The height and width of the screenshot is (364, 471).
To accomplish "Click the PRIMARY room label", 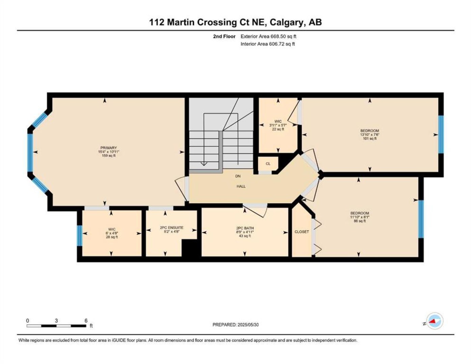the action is click(108, 148).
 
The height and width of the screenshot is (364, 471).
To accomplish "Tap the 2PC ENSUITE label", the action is click(172, 227).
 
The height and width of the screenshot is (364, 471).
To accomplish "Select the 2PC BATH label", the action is click(245, 228).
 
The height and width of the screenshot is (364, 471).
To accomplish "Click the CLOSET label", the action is click(302, 232).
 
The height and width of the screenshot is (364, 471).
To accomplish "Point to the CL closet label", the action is click(268, 164).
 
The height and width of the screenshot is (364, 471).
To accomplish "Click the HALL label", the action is click(241, 186).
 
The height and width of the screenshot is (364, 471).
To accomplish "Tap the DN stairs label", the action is click(238, 176).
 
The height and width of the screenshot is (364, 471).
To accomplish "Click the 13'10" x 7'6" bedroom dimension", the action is click(370, 134).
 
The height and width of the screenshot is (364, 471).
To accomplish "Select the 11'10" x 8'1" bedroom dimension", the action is click(360, 217).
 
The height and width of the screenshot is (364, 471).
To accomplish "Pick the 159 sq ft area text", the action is click(109, 155).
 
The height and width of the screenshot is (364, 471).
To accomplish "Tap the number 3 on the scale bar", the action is click(56, 321).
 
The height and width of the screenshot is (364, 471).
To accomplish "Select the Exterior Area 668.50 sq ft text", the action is click(268, 36).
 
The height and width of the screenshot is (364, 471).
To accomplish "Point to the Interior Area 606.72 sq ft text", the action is click(268, 44).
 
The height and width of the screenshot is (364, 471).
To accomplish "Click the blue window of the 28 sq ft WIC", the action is click(80, 236).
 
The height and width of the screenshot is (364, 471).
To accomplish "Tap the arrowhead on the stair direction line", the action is click(203, 164).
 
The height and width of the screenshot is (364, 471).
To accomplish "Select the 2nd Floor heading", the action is click(224, 36).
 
